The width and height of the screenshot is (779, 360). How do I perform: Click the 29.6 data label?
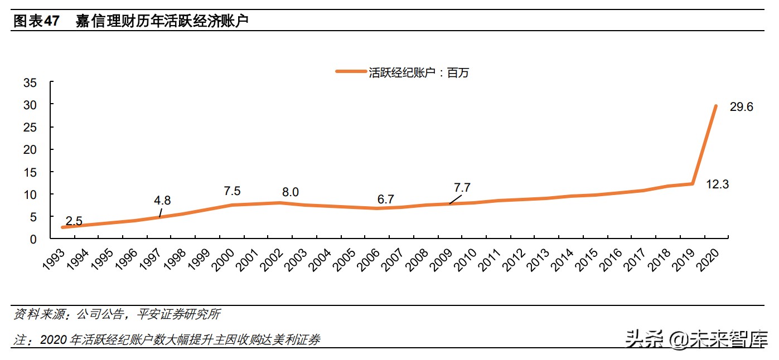click(741, 107)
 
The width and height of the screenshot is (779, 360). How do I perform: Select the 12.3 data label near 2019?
click(718, 184)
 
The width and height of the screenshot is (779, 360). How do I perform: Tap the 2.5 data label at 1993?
click(74, 221)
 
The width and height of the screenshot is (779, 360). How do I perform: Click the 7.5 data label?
click(232, 191)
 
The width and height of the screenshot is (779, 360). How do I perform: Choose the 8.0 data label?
click(290, 192)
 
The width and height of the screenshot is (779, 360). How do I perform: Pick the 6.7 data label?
click(385, 199)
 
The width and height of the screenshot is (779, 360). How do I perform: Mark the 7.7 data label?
click(462, 188)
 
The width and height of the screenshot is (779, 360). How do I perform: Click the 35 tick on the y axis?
click(30, 83)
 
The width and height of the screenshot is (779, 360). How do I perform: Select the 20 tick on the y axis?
click(30, 150)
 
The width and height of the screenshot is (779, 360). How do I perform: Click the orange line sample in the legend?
click(350, 71)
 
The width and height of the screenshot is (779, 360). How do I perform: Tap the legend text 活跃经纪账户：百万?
click(418, 72)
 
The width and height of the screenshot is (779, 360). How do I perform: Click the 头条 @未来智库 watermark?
click(696, 338)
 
